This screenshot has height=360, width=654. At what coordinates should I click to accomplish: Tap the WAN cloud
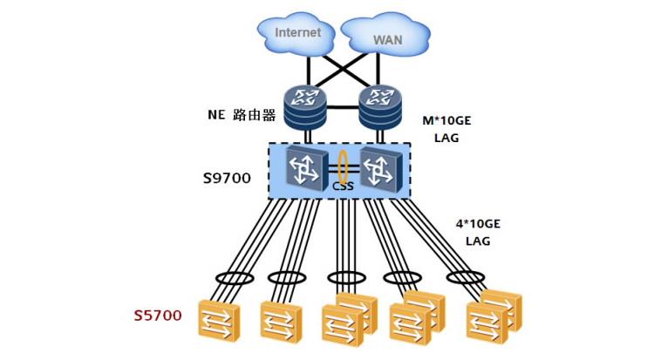point(385,37)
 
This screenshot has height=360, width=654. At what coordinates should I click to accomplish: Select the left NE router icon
point(305,107)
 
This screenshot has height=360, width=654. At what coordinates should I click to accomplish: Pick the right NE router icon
point(380,107)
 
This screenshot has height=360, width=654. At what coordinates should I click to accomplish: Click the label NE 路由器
point(242,115)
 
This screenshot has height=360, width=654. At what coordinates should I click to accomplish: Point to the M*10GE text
point(446,121)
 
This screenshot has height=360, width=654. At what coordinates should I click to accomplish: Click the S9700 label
point(227,179)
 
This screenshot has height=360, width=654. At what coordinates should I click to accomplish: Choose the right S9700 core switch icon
point(381,169)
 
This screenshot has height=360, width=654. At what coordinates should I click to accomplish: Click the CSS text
point(343,186)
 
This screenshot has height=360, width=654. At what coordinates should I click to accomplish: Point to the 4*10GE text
point(478,224)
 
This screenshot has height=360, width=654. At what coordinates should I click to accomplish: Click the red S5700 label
point(158,316)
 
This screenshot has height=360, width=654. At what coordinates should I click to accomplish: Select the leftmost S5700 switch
point(219,320)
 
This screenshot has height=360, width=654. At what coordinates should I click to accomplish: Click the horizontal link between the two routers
point(343,107)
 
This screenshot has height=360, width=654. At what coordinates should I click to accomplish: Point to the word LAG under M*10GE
point(446,138)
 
